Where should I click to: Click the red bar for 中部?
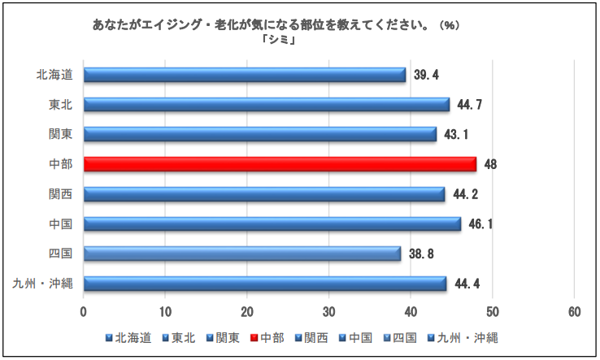point(280,164)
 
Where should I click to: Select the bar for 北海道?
point(245,75)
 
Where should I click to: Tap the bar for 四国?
point(242,254)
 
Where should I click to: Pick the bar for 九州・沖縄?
point(265,284)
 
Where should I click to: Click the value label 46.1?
point(481,223)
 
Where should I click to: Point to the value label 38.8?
point(422,254)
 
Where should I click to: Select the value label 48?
point(490,164)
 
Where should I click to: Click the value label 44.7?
point(470,105)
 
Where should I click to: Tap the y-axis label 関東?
point(60,134)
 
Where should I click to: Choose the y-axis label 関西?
point(60,193)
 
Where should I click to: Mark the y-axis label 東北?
point(60,104)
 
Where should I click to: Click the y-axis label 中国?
point(60,223)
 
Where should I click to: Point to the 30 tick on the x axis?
point(329,312)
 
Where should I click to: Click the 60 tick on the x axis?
point(574,312)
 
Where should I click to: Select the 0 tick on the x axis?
point(84,312)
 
